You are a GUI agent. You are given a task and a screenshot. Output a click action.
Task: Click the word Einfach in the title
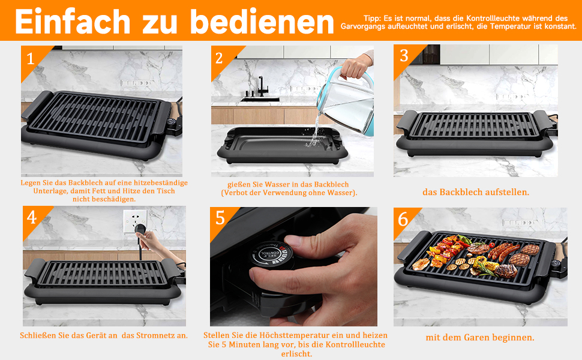(x=73, y=22)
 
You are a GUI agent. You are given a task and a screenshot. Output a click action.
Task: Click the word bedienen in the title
(x=262, y=22)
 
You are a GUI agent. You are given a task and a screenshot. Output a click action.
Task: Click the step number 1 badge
(x=31, y=59)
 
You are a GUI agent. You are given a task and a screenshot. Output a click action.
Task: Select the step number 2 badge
(x=219, y=58)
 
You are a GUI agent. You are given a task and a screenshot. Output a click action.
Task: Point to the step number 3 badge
(x=404, y=56)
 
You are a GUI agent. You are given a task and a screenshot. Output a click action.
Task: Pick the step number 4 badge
(x=32, y=217)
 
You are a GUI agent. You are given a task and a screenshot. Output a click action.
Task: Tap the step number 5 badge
(x=220, y=218)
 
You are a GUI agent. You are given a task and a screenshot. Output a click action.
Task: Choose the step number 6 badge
(x=403, y=220)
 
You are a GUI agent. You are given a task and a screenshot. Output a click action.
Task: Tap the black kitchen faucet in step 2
(x=260, y=87)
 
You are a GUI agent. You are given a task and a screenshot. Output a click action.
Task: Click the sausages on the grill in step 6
(x=503, y=251)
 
